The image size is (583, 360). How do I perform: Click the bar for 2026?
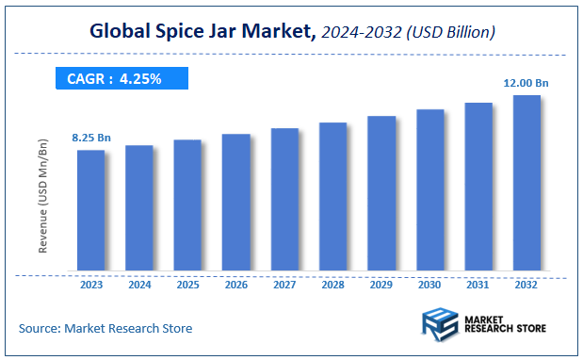[235, 203]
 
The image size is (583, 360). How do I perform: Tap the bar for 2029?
[381, 194]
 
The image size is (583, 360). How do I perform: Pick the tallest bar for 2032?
[526, 184]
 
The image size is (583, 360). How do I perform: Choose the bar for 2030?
[429, 190]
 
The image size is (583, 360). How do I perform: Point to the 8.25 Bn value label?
[91, 139]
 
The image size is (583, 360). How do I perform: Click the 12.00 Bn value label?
[526, 84]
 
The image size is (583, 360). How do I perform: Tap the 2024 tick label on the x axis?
[139, 284]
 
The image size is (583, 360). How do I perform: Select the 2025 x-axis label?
[187, 284]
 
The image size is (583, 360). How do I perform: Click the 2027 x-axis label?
[284, 284]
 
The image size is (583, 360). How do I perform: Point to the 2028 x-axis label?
[332, 284]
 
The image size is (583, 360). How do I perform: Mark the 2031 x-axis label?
[478, 284]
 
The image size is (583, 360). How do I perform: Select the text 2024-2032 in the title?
[361, 33]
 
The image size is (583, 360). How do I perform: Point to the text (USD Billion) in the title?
[449, 33]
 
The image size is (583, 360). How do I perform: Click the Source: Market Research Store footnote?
[105, 328]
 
